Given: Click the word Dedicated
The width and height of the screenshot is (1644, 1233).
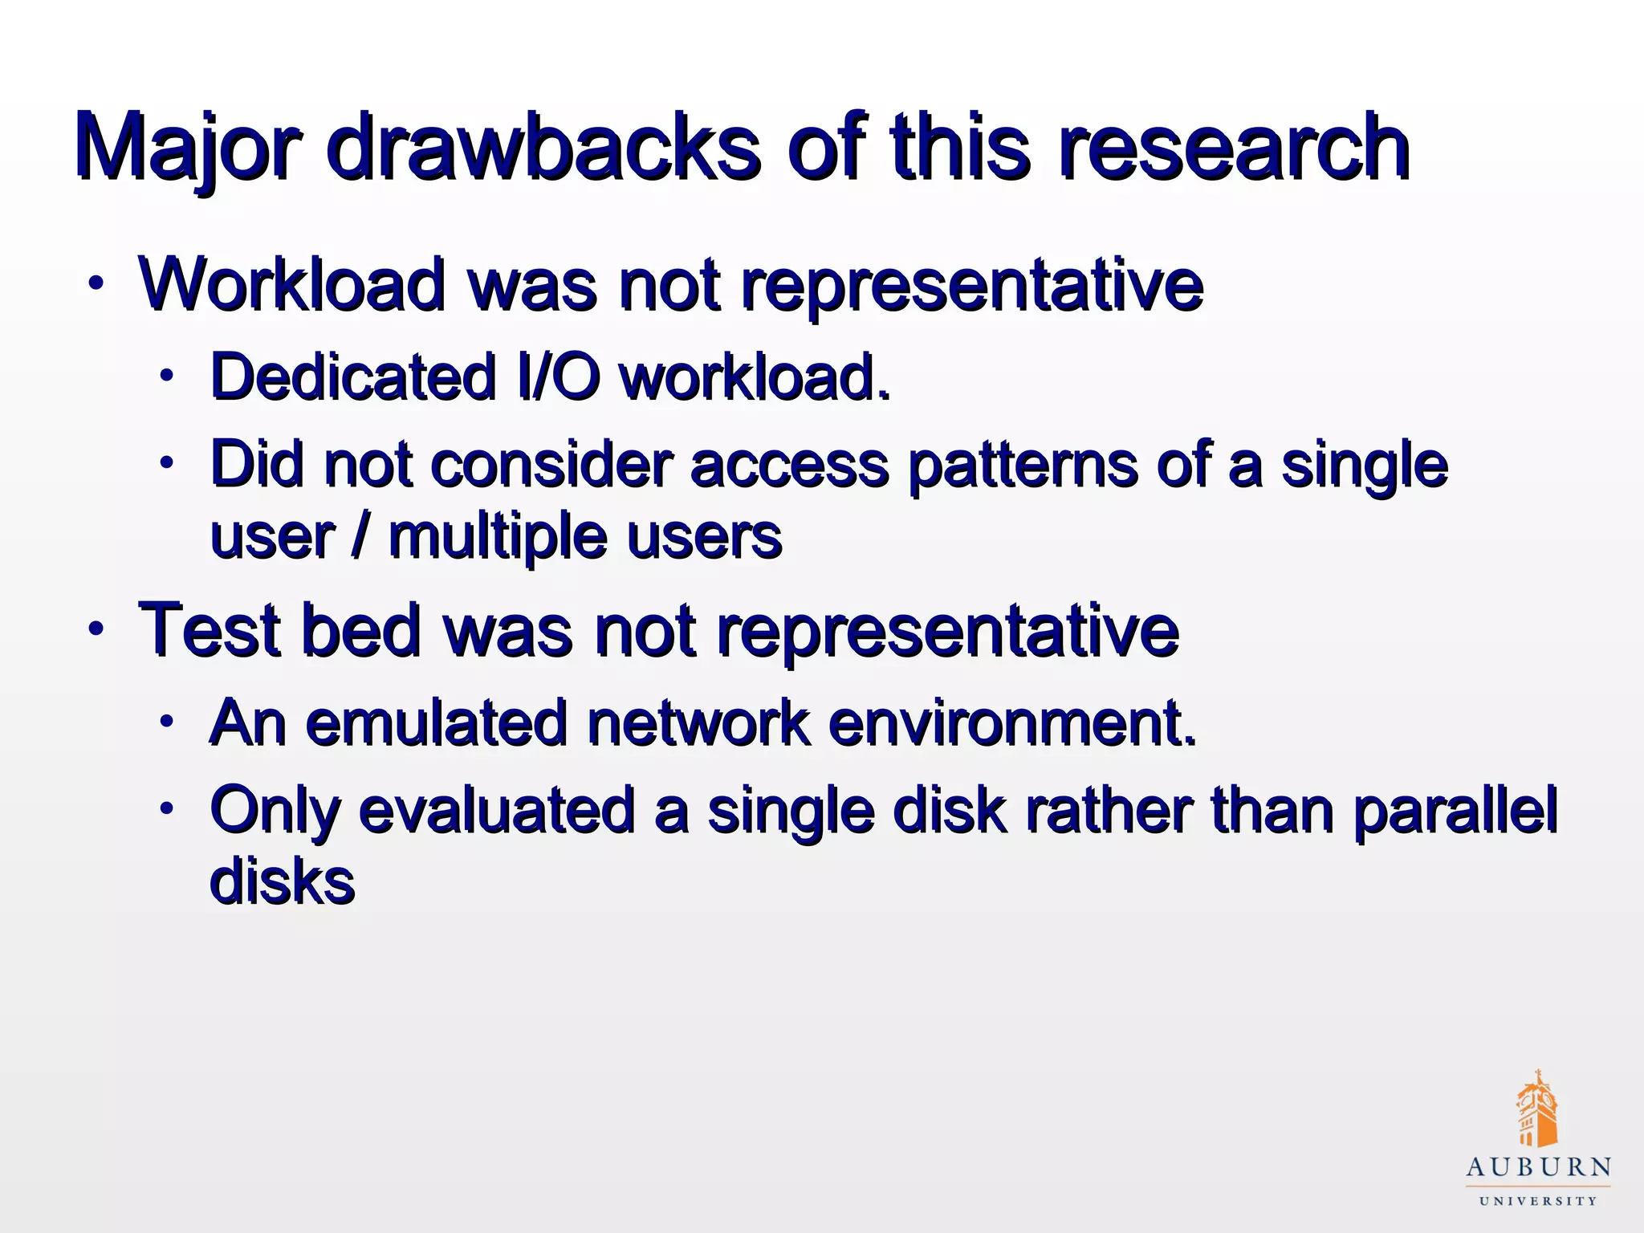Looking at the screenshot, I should click(x=352, y=376).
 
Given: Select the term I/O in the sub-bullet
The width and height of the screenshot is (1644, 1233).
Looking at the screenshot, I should click(x=555, y=376).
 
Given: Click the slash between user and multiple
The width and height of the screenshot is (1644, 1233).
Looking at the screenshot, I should click(x=360, y=536).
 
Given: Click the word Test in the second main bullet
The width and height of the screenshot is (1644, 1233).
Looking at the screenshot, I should click(x=210, y=629).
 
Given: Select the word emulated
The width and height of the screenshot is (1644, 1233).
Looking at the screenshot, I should click(x=437, y=722).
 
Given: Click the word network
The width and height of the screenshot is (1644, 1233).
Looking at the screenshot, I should click(x=698, y=722).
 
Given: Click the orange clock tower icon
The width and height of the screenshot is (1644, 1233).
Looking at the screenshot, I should click(x=1536, y=1109).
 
